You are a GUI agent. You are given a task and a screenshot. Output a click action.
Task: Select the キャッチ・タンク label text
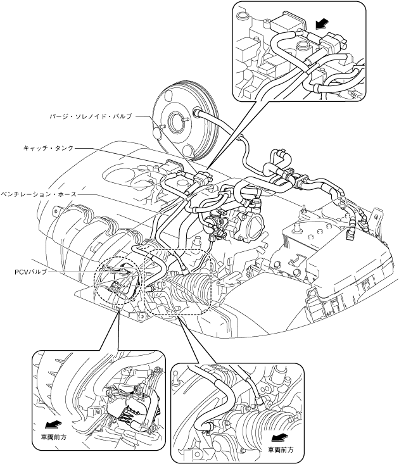coord(47,147)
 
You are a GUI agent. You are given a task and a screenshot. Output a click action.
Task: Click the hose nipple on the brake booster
coord(198,114)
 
